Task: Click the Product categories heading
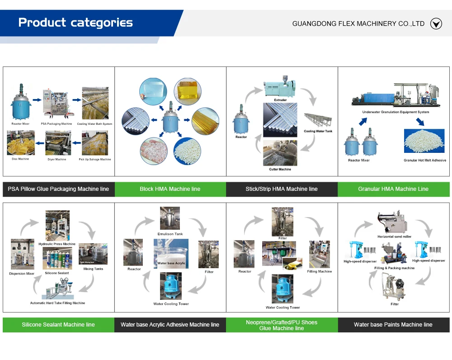tap(75, 23)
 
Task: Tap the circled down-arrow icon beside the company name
tap(436, 24)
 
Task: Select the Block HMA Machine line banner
tap(170, 189)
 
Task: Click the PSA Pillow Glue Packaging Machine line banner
tap(58, 189)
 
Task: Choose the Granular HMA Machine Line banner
tap(393, 189)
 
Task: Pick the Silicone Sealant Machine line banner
tap(58, 325)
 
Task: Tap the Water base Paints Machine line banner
tap(393, 325)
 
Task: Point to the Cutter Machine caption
tap(280, 169)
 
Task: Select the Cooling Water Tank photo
tap(318, 120)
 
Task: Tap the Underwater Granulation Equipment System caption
tap(395, 112)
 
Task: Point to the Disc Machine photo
tap(21, 143)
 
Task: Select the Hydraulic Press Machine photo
tap(57, 226)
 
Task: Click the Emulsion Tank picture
tap(170, 219)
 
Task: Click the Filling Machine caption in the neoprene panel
tap(319, 271)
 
